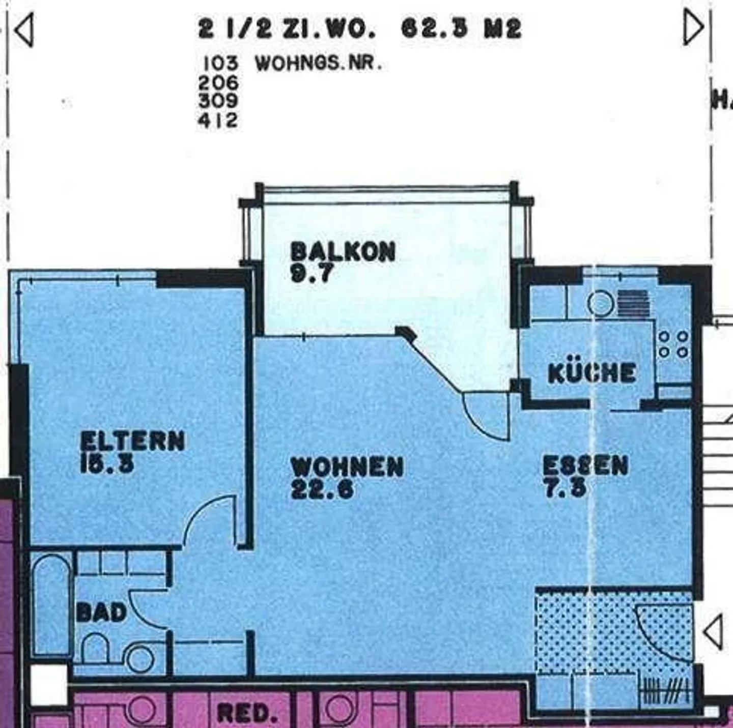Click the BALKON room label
pyautogui.click(x=343, y=252)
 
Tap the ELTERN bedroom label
pyautogui.click(x=132, y=441)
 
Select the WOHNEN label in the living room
pyautogui.click(x=347, y=467)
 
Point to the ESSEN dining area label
pyautogui.click(x=585, y=465)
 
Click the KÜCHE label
pyautogui.click(x=592, y=373)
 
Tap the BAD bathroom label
pyautogui.click(x=101, y=612)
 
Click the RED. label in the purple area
pyautogui.click(x=247, y=713)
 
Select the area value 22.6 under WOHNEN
pyautogui.click(x=322, y=489)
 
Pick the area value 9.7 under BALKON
pyautogui.click(x=311, y=274)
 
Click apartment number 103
pyautogui.click(x=220, y=64)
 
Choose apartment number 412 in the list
pyautogui.click(x=218, y=121)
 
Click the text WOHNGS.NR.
pyautogui.click(x=318, y=64)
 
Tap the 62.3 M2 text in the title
pyautogui.click(x=461, y=28)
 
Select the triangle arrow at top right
pyautogui.click(x=693, y=28)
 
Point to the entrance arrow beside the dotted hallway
pyautogui.click(x=713, y=631)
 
